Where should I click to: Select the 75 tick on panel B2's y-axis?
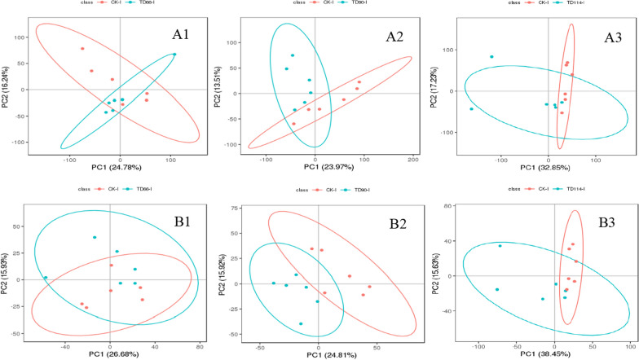(x=232, y=208)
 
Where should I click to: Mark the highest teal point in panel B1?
(x=95, y=237)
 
